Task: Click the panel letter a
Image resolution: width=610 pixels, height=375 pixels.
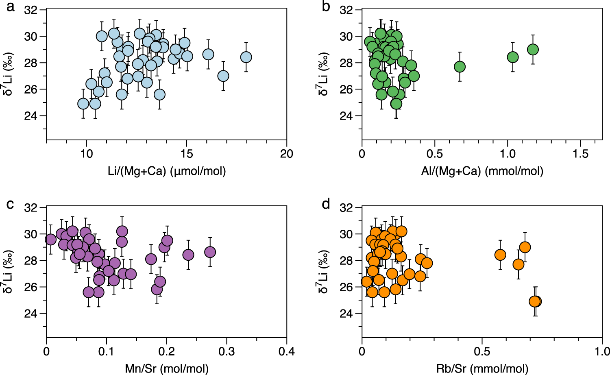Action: click(x=10, y=7)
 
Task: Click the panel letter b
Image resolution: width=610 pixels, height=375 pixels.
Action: click(x=326, y=7)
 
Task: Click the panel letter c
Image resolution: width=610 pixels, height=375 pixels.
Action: click(x=10, y=204)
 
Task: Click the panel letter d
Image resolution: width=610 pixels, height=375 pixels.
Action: click(x=326, y=204)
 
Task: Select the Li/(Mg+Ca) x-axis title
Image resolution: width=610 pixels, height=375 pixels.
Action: click(x=167, y=171)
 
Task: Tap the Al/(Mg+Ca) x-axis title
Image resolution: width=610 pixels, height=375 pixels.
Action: click(x=482, y=171)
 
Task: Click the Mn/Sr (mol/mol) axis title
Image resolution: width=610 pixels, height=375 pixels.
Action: click(x=167, y=369)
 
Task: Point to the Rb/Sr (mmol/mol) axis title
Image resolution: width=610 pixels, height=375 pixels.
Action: click(x=482, y=369)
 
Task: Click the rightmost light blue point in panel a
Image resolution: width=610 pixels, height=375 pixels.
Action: click(x=246, y=57)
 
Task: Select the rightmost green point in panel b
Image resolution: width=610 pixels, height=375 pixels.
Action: click(x=533, y=50)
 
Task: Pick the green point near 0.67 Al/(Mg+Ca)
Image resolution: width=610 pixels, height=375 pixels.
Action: click(x=460, y=67)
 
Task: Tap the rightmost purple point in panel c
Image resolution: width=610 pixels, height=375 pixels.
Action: click(x=210, y=252)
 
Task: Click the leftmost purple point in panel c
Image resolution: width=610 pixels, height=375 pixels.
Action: click(x=50, y=240)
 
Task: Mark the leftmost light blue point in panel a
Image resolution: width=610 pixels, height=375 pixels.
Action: click(x=83, y=104)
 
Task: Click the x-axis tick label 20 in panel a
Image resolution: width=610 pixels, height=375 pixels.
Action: click(x=287, y=154)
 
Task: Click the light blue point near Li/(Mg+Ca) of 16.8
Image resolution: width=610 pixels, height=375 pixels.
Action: click(x=223, y=76)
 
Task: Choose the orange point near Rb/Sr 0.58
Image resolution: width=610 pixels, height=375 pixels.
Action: click(x=500, y=255)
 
